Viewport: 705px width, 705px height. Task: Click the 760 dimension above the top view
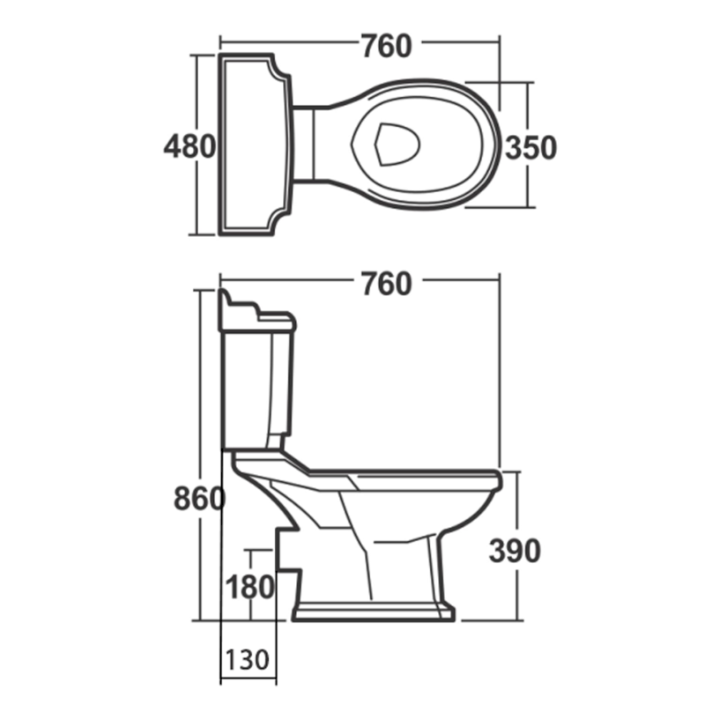point(385,45)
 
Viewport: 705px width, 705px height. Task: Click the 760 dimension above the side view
point(385,284)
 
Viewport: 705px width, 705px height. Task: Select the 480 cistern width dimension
point(189,146)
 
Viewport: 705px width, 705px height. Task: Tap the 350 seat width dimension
point(531,147)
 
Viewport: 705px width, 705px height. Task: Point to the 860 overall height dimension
point(199,499)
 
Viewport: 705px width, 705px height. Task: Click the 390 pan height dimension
point(515,551)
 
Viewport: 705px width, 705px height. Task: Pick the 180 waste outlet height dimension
point(251,586)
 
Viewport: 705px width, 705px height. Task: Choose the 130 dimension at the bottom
point(248,659)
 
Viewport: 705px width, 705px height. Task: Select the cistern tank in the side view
point(256,388)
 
